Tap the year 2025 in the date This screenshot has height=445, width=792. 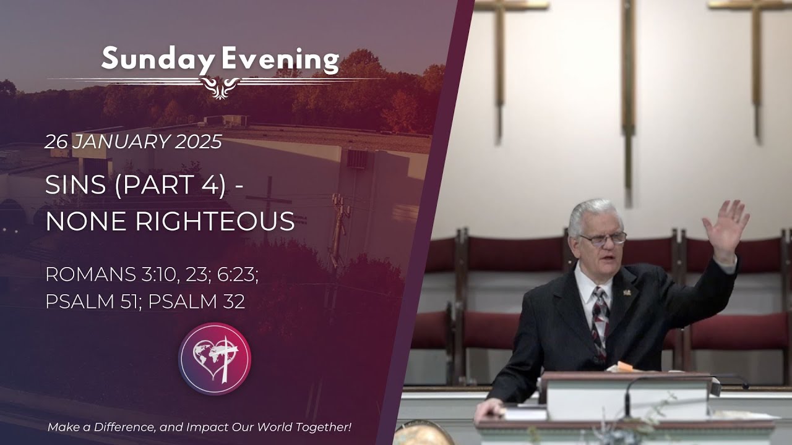click(198, 142)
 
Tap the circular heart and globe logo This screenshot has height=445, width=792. click(215, 358)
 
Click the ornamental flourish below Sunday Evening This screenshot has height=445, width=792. click(216, 87)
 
